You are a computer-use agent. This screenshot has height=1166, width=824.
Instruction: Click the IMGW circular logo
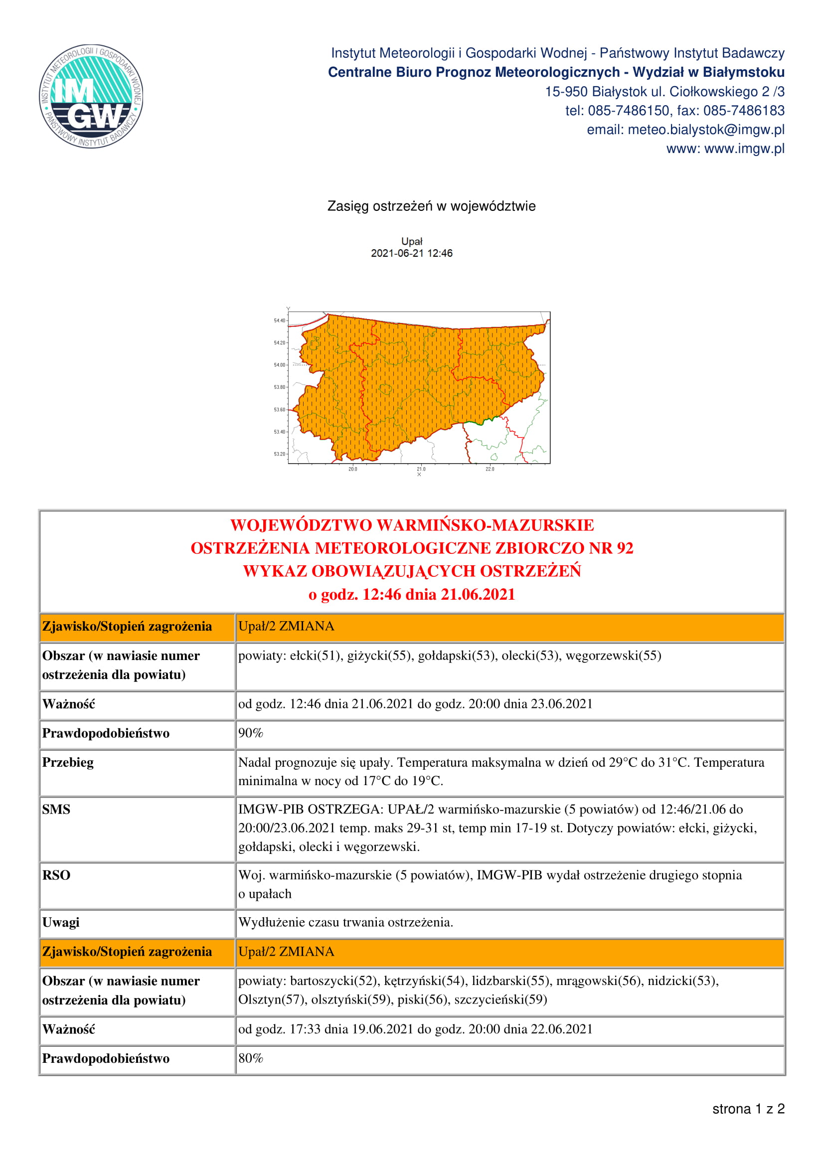point(91,96)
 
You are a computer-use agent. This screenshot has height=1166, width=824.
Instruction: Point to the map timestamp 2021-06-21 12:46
point(411,253)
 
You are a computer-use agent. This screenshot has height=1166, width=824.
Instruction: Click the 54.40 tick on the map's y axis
point(280,321)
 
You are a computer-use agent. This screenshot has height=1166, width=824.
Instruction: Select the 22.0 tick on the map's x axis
point(490,469)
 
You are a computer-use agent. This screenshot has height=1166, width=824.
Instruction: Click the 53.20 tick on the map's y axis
point(280,454)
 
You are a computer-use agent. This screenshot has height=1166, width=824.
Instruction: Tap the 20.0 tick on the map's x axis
point(352,469)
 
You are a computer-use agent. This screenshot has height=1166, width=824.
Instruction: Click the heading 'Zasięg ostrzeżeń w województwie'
point(431,206)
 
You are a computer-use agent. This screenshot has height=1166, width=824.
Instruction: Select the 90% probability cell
point(251,733)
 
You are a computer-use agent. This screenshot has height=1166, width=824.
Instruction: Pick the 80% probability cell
point(251,1058)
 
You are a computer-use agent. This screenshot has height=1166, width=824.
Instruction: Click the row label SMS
point(56,810)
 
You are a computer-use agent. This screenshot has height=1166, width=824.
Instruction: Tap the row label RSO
point(56,875)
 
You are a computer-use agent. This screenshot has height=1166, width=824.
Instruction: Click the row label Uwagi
point(60,922)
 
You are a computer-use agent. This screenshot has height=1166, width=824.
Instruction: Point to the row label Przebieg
point(67,762)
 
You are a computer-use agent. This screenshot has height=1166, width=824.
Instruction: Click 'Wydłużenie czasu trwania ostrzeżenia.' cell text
point(345,922)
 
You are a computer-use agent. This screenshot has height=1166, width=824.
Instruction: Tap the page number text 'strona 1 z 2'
point(748,1109)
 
